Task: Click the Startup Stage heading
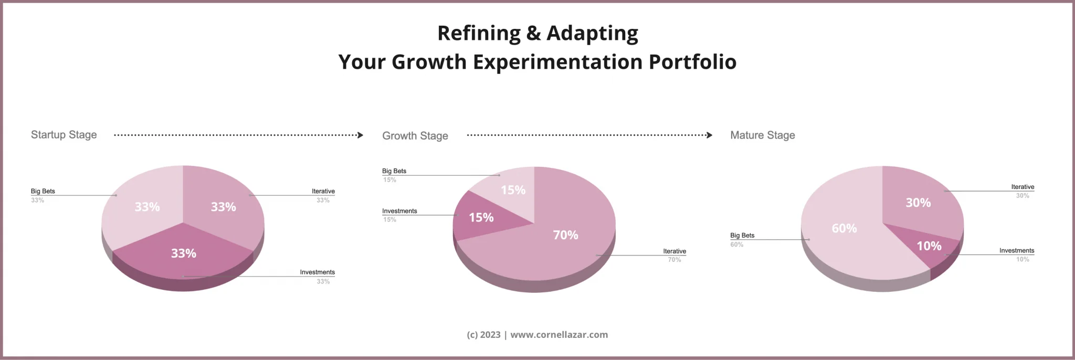tap(64, 135)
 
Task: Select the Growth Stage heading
tap(415, 136)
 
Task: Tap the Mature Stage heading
tap(762, 135)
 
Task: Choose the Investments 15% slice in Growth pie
tap(480, 217)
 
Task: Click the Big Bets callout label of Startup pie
tap(43, 192)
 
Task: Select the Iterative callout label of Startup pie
tap(323, 192)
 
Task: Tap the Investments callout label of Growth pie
tap(399, 211)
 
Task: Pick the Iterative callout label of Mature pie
tap(1023, 187)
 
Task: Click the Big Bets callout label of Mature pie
tap(742, 236)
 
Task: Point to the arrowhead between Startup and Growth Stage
tap(360, 135)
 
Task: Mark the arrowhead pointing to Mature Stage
tap(710, 135)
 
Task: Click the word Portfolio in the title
tap(692, 62)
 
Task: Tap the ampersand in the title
tap(533, 33)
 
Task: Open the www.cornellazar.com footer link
tap(559, 335)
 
